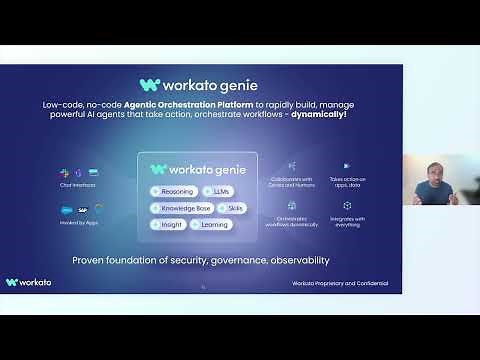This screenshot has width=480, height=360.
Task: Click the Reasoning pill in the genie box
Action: [173, 191]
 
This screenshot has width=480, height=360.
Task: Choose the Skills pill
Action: [232, 208]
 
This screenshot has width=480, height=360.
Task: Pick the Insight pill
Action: [167, 225]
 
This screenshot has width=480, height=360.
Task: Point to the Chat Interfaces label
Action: [77, 185]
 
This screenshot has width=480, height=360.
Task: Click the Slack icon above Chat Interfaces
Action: [63, 173]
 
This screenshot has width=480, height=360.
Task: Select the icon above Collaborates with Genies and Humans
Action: [292, 166]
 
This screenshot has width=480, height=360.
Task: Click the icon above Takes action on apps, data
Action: [347, 166]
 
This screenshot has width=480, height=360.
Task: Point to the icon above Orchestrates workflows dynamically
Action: [292, 205]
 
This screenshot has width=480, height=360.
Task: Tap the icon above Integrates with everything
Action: [347, 205]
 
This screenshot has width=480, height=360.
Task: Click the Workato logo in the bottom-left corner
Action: [28, 283]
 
